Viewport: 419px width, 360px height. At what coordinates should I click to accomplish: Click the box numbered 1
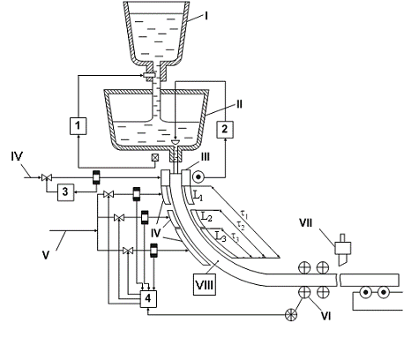78,126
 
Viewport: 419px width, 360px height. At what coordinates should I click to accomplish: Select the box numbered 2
225,130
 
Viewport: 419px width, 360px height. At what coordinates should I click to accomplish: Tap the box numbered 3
65,192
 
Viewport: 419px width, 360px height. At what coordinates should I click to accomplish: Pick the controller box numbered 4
148,299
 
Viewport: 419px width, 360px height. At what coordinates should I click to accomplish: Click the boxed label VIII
205,284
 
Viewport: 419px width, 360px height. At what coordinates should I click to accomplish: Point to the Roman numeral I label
206,16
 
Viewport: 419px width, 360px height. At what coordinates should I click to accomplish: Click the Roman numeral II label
239,104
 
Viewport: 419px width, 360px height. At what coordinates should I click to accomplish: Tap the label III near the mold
205,157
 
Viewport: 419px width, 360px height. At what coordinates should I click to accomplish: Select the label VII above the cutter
306,223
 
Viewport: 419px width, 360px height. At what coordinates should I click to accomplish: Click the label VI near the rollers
325,316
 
